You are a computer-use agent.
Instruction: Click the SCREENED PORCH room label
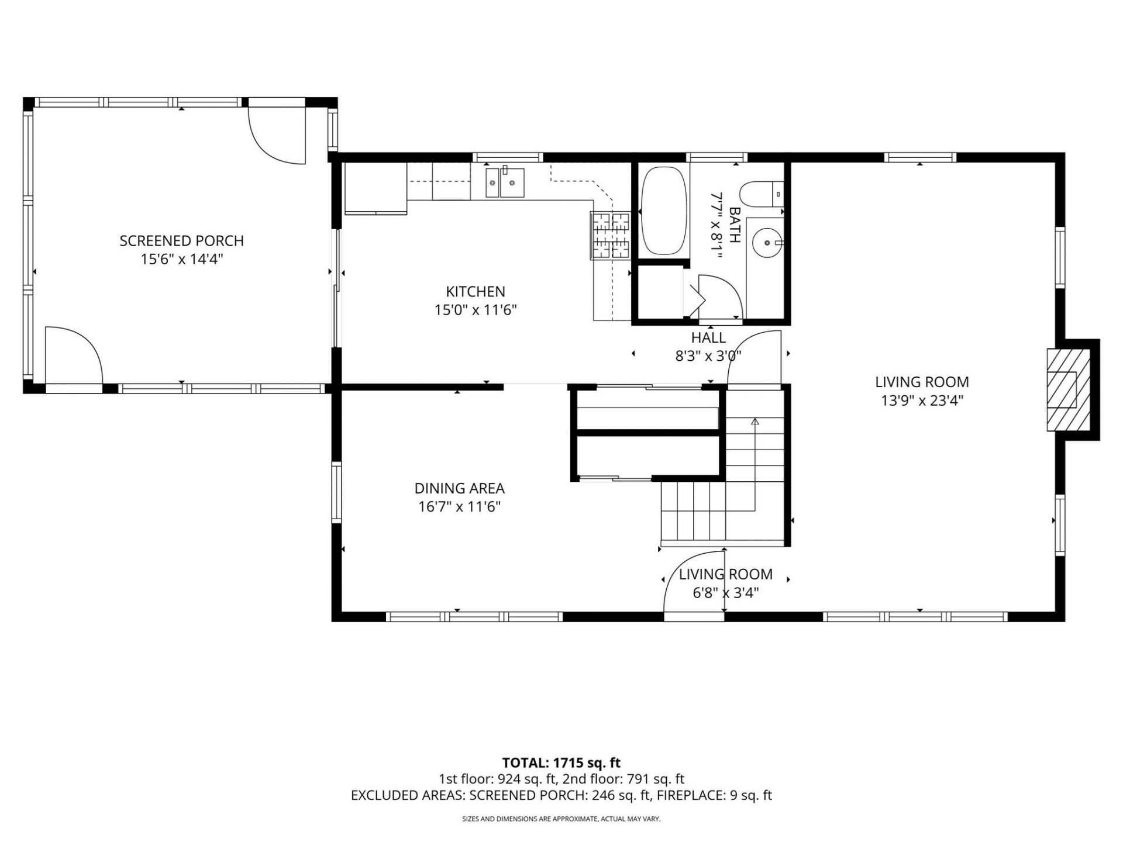pos(181,240)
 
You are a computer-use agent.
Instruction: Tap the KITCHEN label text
pos(476,291)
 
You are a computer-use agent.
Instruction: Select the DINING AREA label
pos(459,488)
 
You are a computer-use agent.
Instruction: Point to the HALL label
pos(708,337)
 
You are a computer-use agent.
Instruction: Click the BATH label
pos(735,225)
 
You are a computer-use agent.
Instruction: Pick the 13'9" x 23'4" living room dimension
pos(922,401)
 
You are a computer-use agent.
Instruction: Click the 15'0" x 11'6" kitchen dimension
pos(476,310)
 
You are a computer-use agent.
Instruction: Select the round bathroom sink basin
pos(767,242)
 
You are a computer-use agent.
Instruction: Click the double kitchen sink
pos(504,182)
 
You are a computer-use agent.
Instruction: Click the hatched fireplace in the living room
pos(1069,390)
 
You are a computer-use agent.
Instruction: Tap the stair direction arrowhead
pos(755,421)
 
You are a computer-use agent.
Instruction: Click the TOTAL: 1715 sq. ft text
pos(561,762)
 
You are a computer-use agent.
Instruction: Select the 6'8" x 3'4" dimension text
pos(726,593)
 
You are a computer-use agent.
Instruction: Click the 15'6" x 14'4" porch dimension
pos(182,259)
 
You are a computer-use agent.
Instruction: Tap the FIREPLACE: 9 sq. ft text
pos(714,795)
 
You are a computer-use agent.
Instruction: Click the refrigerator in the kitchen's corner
pos(376,188)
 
